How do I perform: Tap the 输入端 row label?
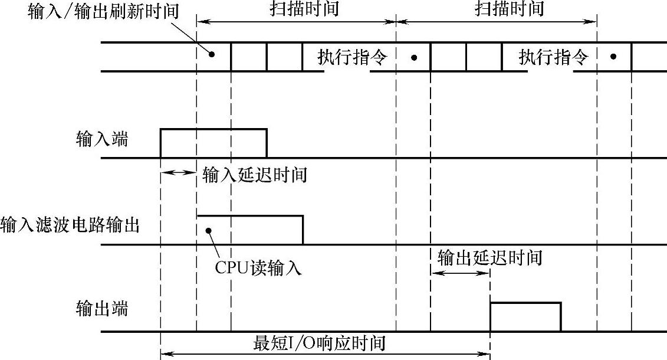pyautogui.click(x=101, y=139)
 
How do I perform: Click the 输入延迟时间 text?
pyautogui.click(x=254, y=175)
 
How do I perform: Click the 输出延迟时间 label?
pyautogui.click(x=489, y=258)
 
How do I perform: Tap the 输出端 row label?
pyautogui.click(x=101, y=308)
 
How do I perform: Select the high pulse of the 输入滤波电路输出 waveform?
pyautogui.click(x=249, y=229)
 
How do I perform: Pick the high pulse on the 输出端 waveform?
pyautogui.click(x=525, y=316)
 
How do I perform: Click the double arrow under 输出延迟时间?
pyautogui.click(x=460, y=273)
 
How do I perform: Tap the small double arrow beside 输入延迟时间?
pyautogui.click(x=178, y=172)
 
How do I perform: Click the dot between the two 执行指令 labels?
pyautogui.click(x=414, y=57)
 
